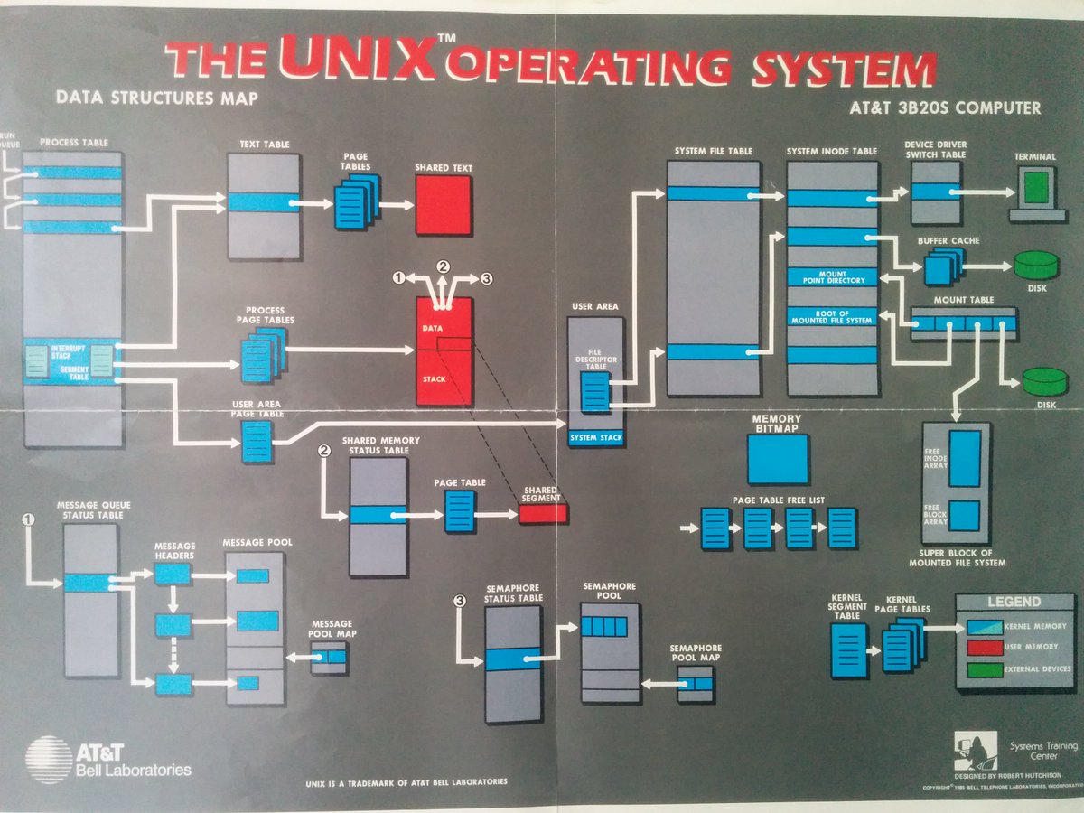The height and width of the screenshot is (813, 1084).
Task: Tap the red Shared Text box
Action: pyautogui.click(x=443, y=205)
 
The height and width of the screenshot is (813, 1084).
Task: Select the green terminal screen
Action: pyautogui.click(x=1036, y=188)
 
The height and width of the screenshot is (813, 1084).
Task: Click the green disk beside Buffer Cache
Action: pyautogui.click(x=1035, y=265)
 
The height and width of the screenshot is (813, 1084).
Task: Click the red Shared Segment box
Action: pyautogui.click(x=543, y=514)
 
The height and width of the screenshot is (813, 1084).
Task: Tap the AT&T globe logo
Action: pyautogui.click(x=50, y=760)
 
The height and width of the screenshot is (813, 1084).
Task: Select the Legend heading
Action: pyautogui.click(x=1014, y=602)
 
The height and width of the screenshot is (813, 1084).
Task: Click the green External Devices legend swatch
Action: pyautogui.click(x=985, y=670)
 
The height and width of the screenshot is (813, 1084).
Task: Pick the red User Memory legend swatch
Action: pyautogui.click(x=985, y=648)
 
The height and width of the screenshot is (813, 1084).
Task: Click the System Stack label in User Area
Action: pyautogui.click(x=597, y=439)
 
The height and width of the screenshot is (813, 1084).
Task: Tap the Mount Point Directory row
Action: pyautogui.click(x=832, y=277)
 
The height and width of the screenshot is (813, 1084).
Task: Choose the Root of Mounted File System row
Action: pyautogui.click(x=832, y=317)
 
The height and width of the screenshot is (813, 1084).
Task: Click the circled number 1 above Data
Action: pyautogui.click(x=399, y=278)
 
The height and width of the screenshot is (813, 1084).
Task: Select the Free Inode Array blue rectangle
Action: pyautogui.click(x=965, y=458)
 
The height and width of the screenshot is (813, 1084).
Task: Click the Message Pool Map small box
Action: pyautogui.click(x=330, y=659)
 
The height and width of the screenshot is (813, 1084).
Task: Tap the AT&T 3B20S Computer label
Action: pyautogui.click(x=945, y=108)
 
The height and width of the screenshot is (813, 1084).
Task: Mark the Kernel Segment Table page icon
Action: pyautogui.click(x=848, y=649)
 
